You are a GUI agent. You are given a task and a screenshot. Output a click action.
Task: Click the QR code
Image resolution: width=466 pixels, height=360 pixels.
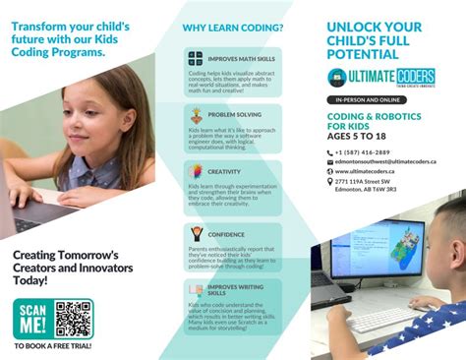click(74, 319)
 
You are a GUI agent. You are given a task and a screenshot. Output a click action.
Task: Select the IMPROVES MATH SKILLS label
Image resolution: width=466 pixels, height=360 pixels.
click(232, 58)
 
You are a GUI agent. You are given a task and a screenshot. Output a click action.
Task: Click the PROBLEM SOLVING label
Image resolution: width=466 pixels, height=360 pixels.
click(232, 113)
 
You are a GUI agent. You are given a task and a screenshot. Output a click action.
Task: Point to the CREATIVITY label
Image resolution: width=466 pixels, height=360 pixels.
click(224, 170)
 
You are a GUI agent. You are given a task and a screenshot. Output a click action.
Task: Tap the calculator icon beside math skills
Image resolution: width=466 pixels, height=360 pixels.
click(196, 59)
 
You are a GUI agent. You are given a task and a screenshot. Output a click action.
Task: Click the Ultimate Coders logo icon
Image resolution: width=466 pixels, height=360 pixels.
click(339, 78)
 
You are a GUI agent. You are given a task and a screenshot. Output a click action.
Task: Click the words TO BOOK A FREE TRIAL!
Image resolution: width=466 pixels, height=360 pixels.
click(54, 346)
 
